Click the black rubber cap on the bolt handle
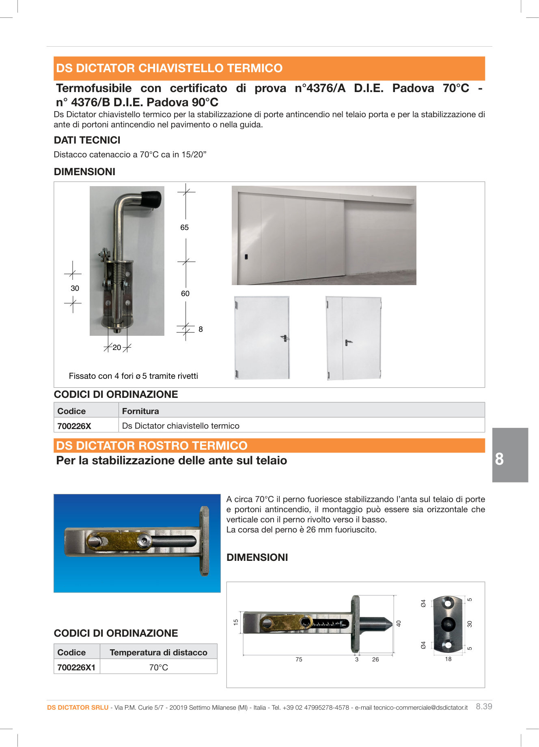pos(151,199)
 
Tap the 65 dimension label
pos(184,228)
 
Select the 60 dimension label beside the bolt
pos(185,294)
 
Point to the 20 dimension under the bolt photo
pos(117,348)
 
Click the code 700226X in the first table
pos(74,426)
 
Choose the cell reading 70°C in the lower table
pos(158,667)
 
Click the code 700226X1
pos(76,667)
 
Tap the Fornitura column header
pos(140,411)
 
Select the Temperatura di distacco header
pos(158,652)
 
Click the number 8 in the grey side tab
pos(499,459)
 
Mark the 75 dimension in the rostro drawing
pos(299,659)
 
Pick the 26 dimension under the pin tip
pos(375,659)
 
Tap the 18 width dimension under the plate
pos(448,659)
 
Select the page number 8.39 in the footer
pos(484,706)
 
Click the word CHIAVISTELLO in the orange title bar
pos(181,68)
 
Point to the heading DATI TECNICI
pos(87,140)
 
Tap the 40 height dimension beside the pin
pos(399,623)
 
